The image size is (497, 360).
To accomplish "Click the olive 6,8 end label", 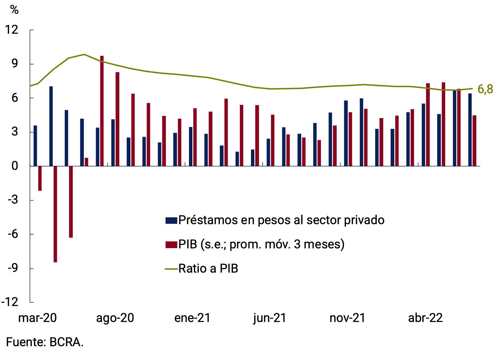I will pos(485,89).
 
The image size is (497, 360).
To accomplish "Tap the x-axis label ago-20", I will pos(115,318).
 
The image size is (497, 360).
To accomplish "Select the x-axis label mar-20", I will pos(37,318).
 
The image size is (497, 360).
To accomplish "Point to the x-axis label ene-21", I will pos(192,318).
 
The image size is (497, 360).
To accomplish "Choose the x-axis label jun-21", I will pos(270,318).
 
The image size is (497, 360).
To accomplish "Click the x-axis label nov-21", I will pos(347,318).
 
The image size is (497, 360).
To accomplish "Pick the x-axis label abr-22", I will pos(425,318).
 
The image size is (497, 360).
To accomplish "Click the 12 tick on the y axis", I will pos(12,30).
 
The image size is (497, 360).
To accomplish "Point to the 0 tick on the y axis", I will pos(15,166).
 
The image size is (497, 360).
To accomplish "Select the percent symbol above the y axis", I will pos(14,10).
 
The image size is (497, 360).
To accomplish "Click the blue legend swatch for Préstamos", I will pos(171,220).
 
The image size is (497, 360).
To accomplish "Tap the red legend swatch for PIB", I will pos(171,245).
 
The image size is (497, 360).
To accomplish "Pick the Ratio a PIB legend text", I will pos(208,269).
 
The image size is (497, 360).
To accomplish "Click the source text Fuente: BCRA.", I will pos(45,342).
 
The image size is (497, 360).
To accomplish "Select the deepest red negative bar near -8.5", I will pos(55,215).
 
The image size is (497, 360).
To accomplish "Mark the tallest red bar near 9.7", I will pos(102,110).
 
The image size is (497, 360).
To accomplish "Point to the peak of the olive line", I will pos(84,55).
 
